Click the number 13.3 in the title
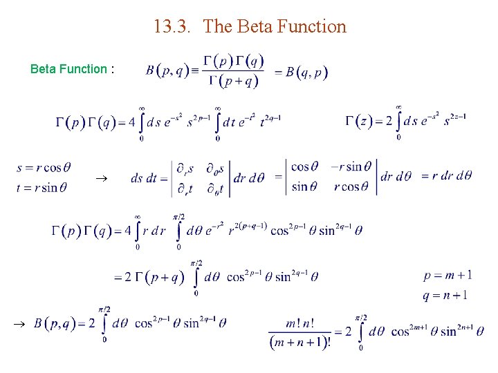click(169, 27)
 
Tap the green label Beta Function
click(68, 69)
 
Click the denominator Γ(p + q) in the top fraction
click(233, 82)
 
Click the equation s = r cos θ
click(43, 167)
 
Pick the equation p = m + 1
click(448, 276)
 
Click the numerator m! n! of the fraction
click(299, 323)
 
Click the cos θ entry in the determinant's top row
click(305, 166)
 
